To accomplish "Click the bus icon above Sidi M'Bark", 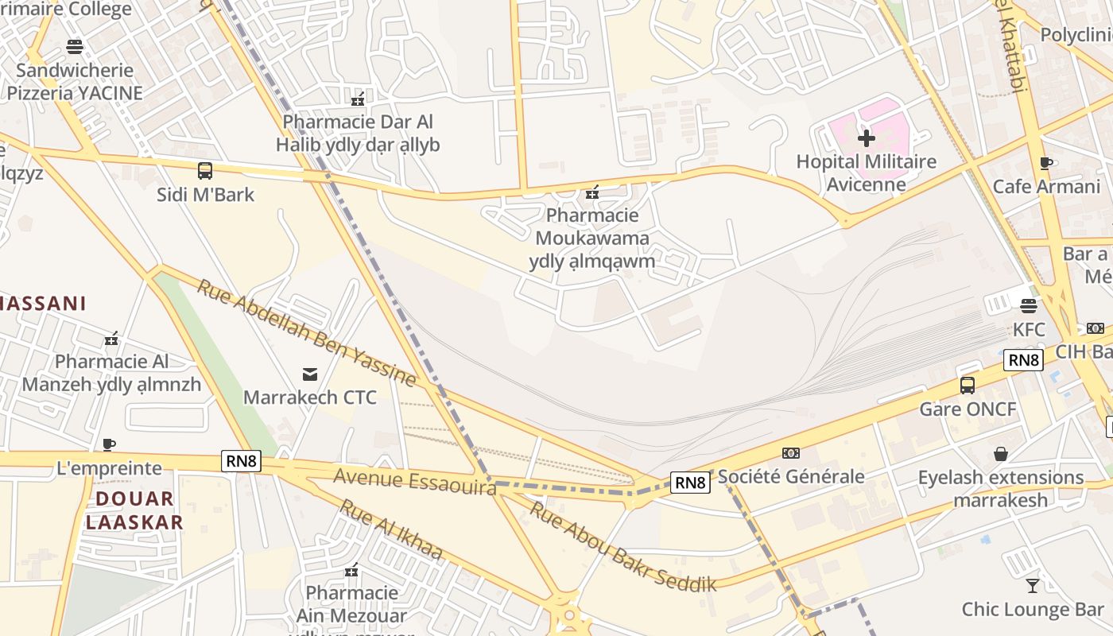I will pos(205,170).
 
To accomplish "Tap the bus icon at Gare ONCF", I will pos(968,386).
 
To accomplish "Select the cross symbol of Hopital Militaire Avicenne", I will pos(867,138).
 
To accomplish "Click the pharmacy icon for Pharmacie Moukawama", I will pos(591,192).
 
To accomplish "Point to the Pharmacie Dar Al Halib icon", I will pos(358,99).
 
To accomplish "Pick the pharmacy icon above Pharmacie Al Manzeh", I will pos(111,339).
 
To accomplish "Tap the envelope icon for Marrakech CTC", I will pos(309,374).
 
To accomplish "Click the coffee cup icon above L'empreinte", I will pos(109,444).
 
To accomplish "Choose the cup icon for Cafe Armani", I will pos(1046,164).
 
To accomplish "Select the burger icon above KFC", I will pos(1029,305).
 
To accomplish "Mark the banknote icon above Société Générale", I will pos(790,453).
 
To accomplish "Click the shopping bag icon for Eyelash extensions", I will pos(1001,454).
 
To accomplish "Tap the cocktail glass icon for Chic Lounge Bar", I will pos(1033,586).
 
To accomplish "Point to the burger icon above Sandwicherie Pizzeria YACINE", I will pos(75,47).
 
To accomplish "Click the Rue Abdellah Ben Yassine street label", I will pos(306,333).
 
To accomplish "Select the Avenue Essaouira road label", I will pos(415,481).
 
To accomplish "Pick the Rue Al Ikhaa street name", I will pos(391,530).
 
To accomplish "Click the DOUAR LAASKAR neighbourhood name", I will pos(134,510).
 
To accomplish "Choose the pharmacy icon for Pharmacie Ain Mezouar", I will pos(351,570).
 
